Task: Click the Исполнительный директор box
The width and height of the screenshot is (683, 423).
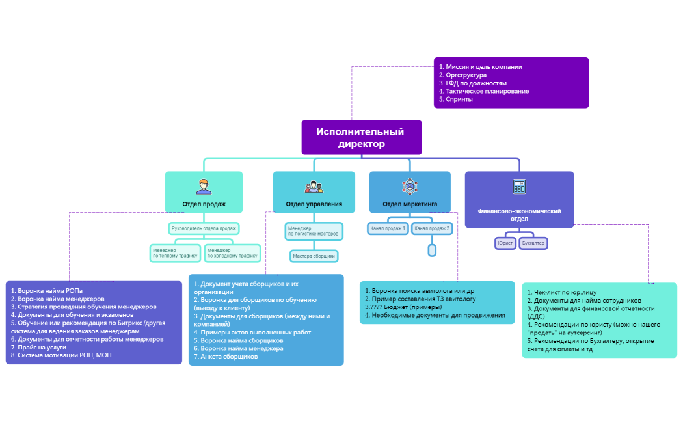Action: click(x=361, y=137)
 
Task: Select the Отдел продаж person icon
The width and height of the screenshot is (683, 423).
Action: click(x=204, y=187)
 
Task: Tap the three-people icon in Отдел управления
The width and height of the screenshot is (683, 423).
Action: click(x=314, y=187)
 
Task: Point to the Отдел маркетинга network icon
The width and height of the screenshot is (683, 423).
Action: click(x=410, y=186)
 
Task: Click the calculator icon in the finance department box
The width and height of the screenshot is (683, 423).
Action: click(x=518, y=187)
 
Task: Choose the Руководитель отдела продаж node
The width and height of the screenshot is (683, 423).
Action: click(x=204, y=228)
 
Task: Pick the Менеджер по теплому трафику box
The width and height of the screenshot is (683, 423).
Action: click(x=175, y=253)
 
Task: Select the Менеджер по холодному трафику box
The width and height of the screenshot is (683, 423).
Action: click(x=232, y=253)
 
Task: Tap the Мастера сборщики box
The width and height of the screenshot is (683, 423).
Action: click(x=314, y=256)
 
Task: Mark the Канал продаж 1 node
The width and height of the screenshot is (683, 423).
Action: click(x=388, y=228)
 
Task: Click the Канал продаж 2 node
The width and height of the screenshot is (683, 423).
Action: click(x=432, y=228)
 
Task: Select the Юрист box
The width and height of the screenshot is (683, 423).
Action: click(x=505, y=243)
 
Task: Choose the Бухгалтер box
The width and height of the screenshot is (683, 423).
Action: click(x=533, y=243)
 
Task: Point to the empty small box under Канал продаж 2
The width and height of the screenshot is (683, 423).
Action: click(x=432, y=250)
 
